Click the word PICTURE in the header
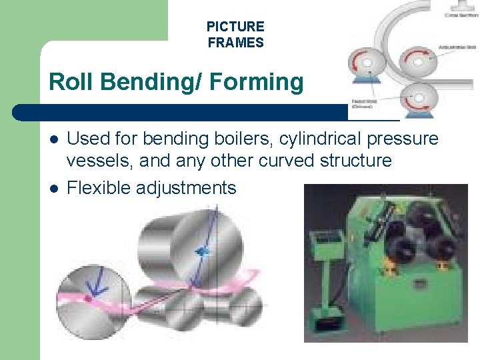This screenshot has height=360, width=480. pyautogui.click(x=235, y=27)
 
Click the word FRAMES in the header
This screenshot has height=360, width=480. pyautogui.click(x=235, y=43)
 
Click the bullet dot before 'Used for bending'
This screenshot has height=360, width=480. pyautogui.click(x=54, y=139)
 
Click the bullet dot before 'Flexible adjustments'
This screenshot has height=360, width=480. pyautogui.click(x=54, y=189)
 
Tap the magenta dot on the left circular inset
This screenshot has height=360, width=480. pyautogui.click(x=87, y=299)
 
